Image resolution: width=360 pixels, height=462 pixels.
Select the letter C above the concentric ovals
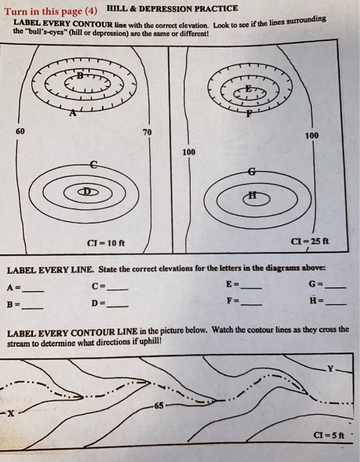click(93, 163)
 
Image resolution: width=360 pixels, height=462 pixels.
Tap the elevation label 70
click(147, 133)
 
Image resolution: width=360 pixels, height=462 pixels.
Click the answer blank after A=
click(33, 291)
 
